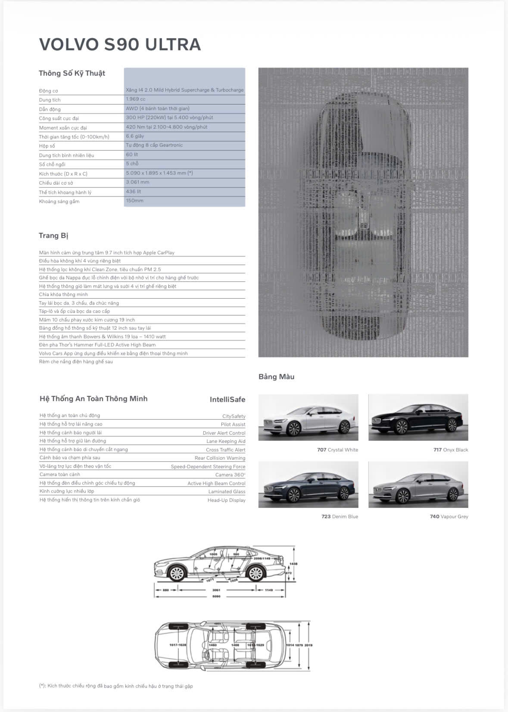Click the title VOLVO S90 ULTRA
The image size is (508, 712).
tap(120, 44)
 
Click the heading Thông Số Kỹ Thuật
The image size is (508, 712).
tap(72, 73)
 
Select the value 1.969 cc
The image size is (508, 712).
tap(136, 99)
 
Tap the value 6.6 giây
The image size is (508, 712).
tap(135, 136)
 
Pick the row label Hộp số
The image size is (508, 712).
tap(47, 146)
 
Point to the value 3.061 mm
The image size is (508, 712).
tap(137, 182)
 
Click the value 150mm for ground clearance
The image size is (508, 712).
tap(135, 201)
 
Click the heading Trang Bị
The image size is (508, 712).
tap(53, 235)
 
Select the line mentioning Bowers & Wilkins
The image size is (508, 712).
tap(102, 337)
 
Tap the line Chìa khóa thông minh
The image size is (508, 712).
tap(63, 294)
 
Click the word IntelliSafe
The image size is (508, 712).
tap(227, 399)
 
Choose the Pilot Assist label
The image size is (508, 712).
tap(233, 424)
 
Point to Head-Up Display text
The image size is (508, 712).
tap(226, 500)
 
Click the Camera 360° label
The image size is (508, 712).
tap(230, 475)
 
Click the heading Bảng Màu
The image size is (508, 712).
tap(276, 377)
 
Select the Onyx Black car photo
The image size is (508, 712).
tap(418, 418)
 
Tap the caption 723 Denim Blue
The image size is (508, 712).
tap(340, 517)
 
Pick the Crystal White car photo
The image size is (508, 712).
tap(308, 418)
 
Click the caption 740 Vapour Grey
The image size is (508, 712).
tap(449, 517)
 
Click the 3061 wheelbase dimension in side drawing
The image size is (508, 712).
tap(216, 590)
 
